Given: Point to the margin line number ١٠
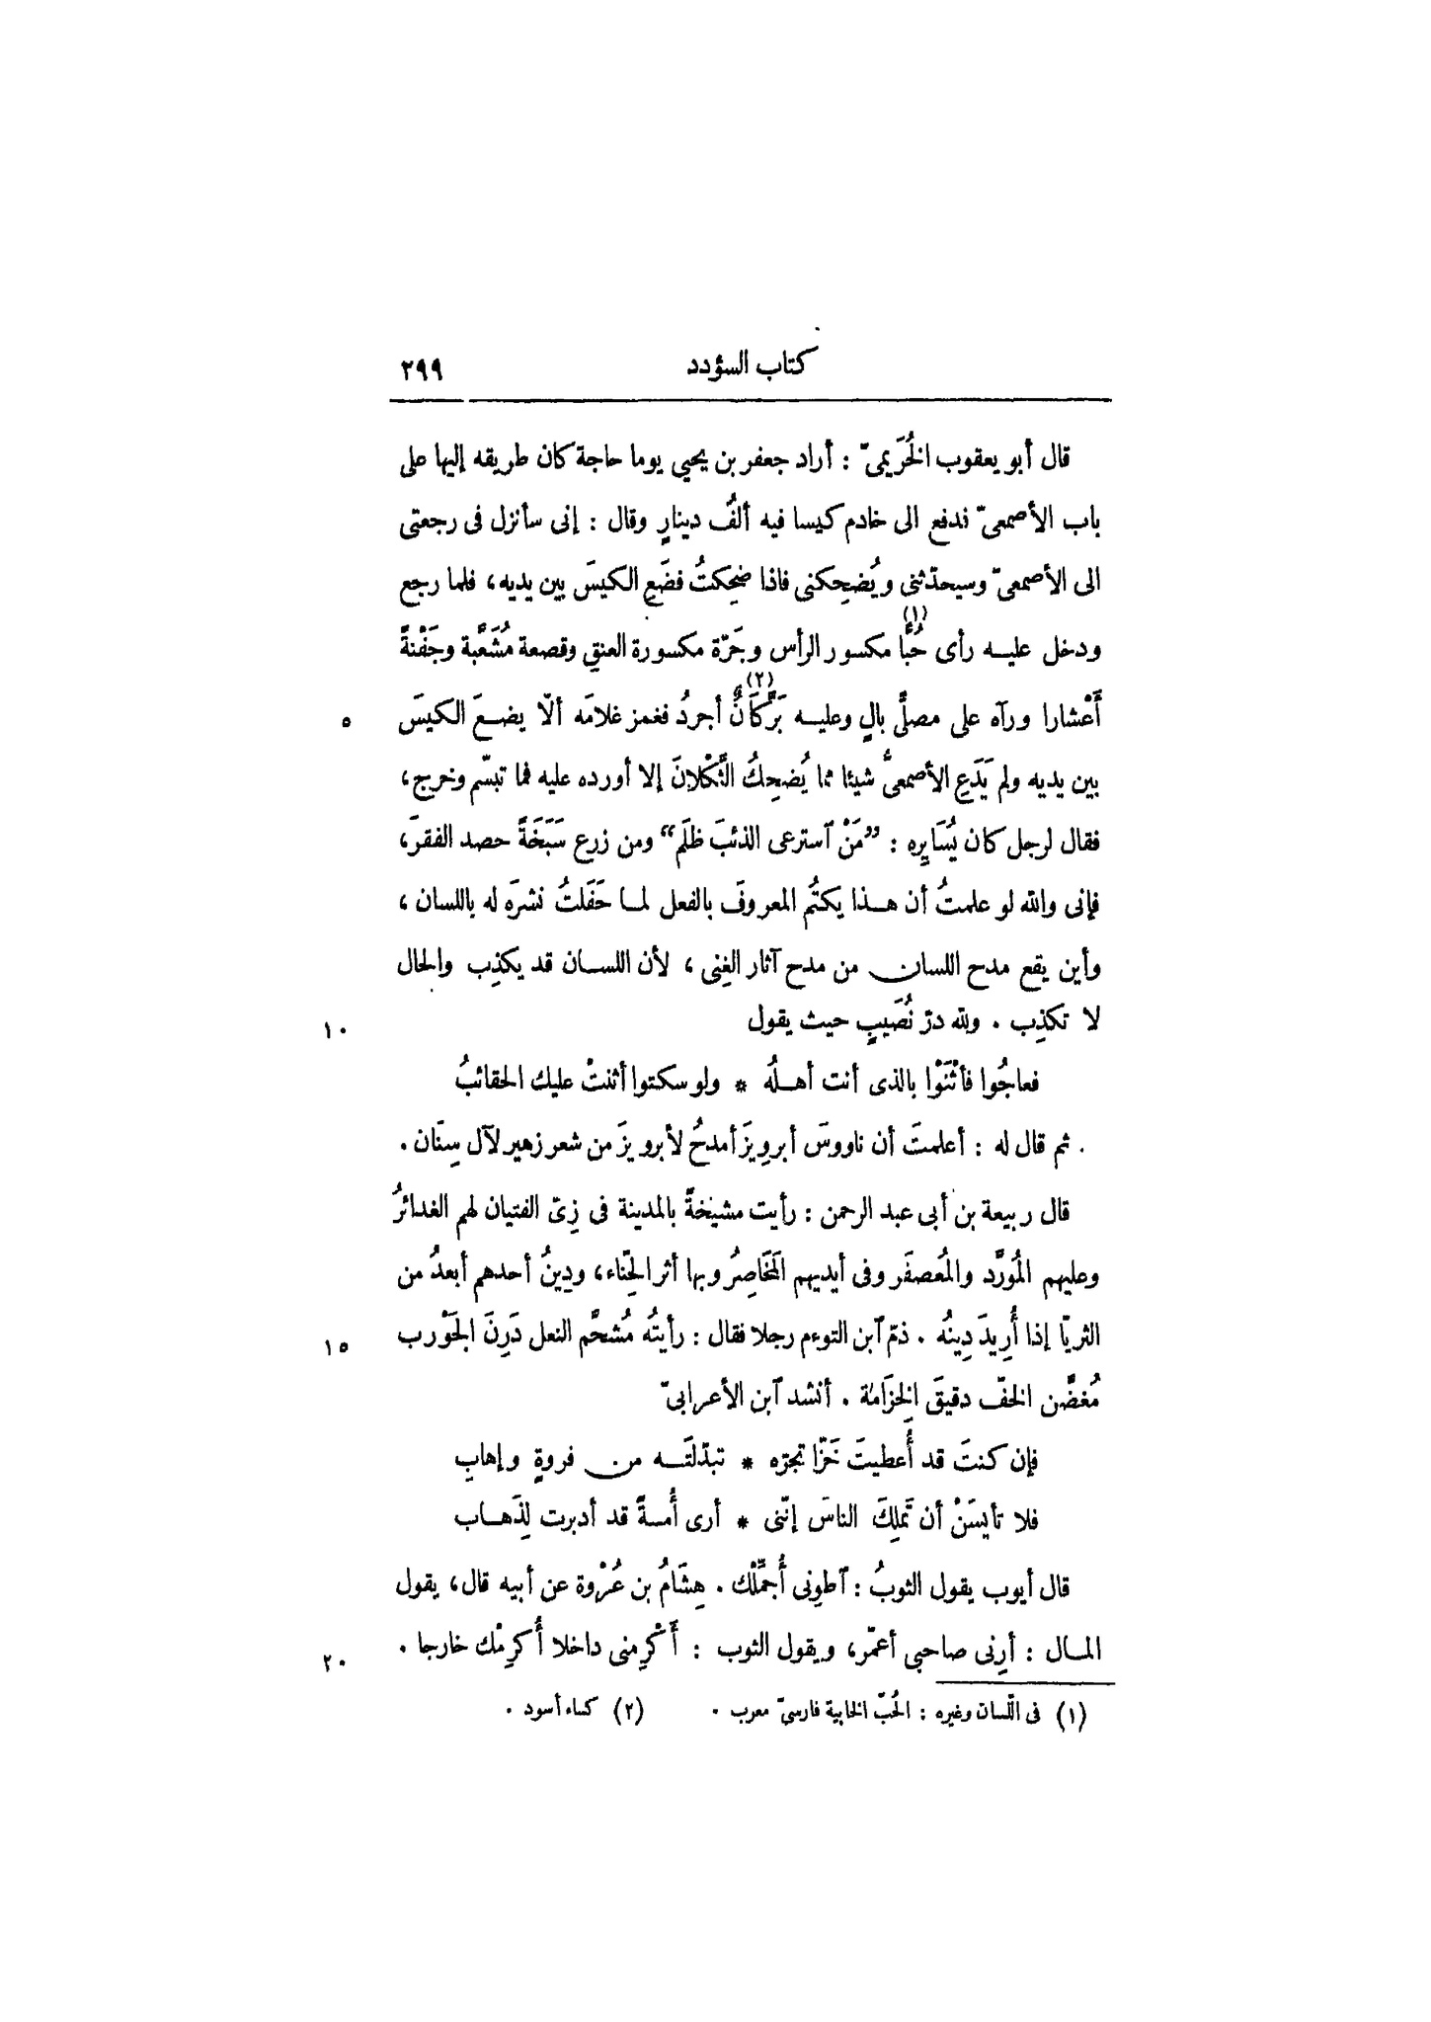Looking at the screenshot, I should pos(330,1031).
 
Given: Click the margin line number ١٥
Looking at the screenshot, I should pos(330,1345).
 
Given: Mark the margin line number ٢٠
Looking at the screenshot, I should pos(330,1660).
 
